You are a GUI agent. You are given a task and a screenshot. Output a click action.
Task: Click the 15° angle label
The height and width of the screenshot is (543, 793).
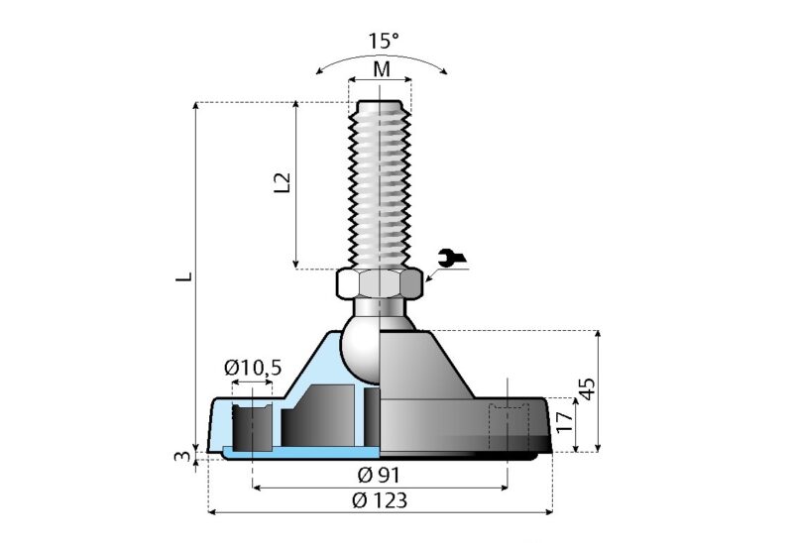tap(384, 41)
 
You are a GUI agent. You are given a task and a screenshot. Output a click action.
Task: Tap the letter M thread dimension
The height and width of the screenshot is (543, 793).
tap(382, 69)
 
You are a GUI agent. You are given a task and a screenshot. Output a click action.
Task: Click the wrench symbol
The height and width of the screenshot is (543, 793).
tap(452, 258)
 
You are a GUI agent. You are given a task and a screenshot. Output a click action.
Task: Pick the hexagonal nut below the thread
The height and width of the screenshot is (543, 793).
tap(380, 284)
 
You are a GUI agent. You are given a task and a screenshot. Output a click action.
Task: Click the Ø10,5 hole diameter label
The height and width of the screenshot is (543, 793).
tap(253, 368)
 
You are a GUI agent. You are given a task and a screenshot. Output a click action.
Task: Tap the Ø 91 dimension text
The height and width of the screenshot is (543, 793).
tap(379, 476)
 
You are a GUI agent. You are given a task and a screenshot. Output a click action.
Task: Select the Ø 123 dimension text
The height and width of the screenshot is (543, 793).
tap(380, 501)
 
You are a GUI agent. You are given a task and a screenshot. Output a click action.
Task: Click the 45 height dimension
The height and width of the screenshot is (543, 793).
tap(587, 388)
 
